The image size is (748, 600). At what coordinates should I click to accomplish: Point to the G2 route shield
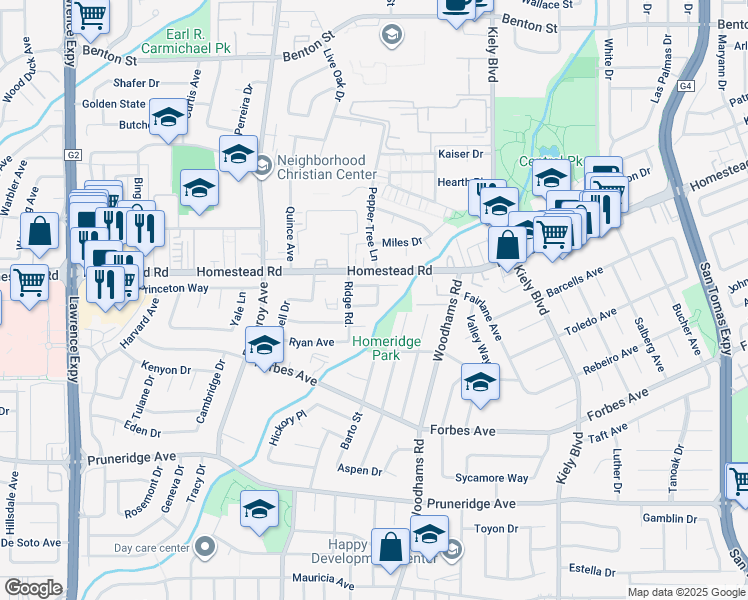click(74, 155)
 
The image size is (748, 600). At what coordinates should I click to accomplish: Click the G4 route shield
click(685, 87)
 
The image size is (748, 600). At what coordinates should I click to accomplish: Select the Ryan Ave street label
click(311, 342)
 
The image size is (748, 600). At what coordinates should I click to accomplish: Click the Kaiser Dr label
click(460, 154)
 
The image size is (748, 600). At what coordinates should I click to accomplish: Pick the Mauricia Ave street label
click(323, 579)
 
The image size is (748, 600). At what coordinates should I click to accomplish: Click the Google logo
click(33, 588)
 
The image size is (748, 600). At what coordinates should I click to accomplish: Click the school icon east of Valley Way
click(480, 383)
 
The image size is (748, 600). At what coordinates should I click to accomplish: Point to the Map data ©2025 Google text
click(685, 592)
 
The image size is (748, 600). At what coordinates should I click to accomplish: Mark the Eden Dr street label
click(144, 432)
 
